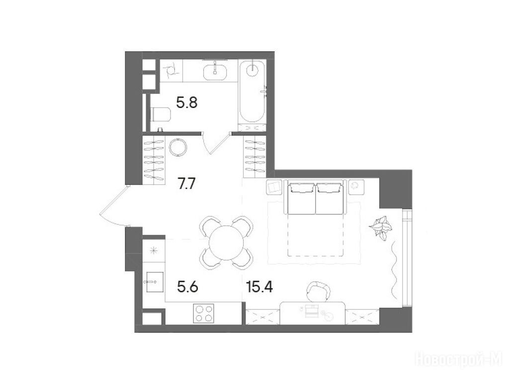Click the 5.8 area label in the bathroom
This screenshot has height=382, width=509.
(187, 103)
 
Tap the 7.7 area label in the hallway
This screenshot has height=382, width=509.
(186, 185)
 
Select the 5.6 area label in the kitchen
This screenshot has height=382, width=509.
(187, 287)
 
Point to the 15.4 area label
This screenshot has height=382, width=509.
(259, 287)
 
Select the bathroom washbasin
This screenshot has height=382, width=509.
(215, 72)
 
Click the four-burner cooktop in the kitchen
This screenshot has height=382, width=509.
(203, 313)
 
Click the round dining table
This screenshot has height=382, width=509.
(227, 243)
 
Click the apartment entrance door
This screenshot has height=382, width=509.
(113, 204)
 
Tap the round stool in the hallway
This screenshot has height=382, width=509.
(178, 147)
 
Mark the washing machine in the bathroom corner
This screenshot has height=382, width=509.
(171, 71)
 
